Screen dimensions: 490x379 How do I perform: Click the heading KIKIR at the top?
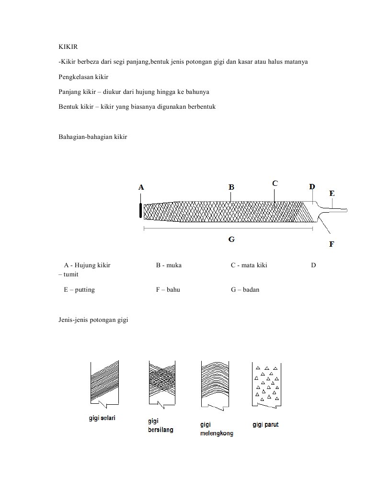68,47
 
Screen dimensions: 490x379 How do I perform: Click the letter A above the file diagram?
141,187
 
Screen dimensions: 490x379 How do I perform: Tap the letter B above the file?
231,187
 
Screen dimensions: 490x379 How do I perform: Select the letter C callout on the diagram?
275,183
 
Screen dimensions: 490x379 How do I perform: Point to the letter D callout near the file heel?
312,187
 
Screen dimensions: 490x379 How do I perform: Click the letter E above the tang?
332,194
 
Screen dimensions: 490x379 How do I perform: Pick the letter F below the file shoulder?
332,244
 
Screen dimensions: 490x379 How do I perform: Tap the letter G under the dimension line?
231,239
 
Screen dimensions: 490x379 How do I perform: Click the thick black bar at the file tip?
140,210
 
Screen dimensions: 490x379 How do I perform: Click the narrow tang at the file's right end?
337,210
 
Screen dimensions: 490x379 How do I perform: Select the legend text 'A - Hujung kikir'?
87,265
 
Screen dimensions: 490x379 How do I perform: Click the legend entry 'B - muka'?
168,265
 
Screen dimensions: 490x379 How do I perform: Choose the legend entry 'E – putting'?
79,290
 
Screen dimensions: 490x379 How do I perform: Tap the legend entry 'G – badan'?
245,290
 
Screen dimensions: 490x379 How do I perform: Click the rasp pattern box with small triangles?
266,383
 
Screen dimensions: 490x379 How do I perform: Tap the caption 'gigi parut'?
265,425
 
